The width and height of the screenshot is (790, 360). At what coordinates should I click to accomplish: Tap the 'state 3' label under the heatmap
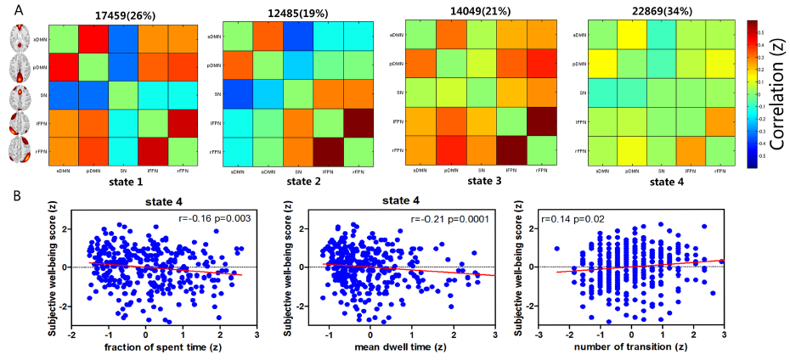coord(478,179)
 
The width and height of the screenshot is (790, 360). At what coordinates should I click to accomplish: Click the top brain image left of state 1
coord(23,38)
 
